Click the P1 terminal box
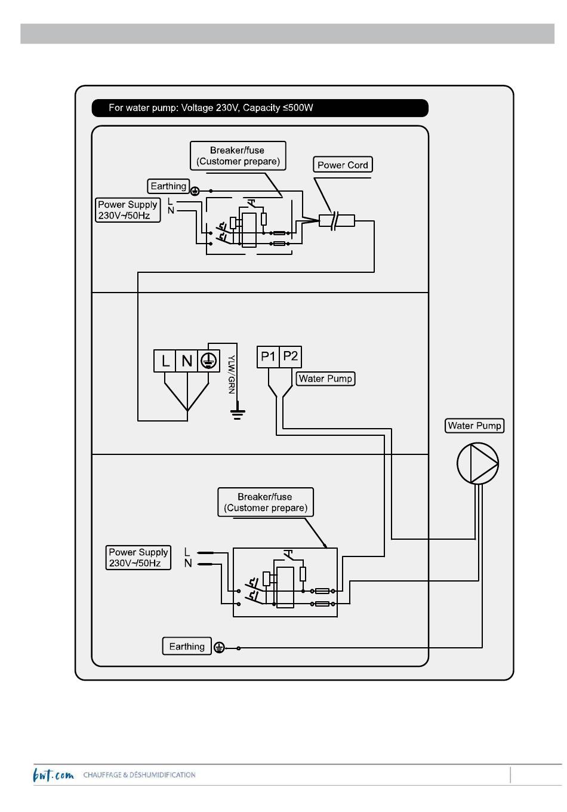pyautogui.click(x=268, y=356)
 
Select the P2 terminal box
pyautogui.click(x=290, y=356)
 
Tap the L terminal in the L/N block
pyautogui.click(x=165, y=361)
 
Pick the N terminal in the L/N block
pyautogui.click(x=187, y=361)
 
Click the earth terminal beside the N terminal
pyautogui.click(x=209, y=361)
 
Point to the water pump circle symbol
pyautogui.click(x=477, y=463)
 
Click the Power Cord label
pyautogui.click(x=343, y=165)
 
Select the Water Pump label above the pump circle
pyautogui.click(x=474, y=426)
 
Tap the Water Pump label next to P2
pyautogui.click(x=325, y=379)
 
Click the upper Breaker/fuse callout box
pyautogui.click(x=238, y=155)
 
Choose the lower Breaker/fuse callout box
pyautogui.click(x=265, y=502)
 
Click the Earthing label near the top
pyautogui.click(x=168, y=186)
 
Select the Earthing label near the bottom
pyautogui.click(x=187, y=647)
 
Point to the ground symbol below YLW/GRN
pyautogui.click(x=238, y=412)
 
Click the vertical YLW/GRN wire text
pyautogui.click(x=231, y=374)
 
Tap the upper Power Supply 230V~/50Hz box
pyautogui.click(x=128, y=210)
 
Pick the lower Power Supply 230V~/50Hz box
pyautogui.click(x=138, y=558)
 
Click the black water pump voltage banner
pyautogui.click(x=260, y=108)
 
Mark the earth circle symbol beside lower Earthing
pyautogui.click(x=219, y=647)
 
